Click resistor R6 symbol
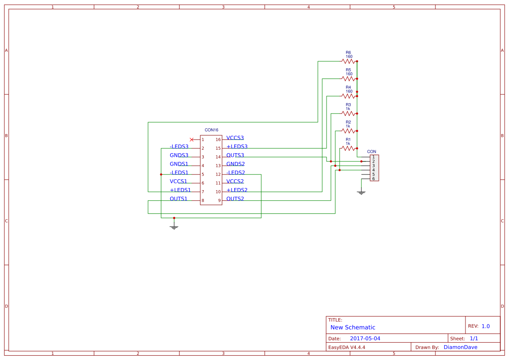pyautogui.click(x=348, y=61)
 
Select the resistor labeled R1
pyautogui.click(x=348, y=148)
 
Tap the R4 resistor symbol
pyautogui.click(x=348, y=96)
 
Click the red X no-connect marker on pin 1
pyautogui.click(x=192, y=139)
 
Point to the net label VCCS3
pyautogui.click(x=235, y=138)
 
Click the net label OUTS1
pyautogui.click(x=179, y=199)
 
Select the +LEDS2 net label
pyautogui.click(x=237, y=190)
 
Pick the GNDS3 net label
pyautogui.click(x=179, y=155)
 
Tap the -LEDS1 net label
pyautogui.click(x=179, y=173)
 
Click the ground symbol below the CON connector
pyautogui.click(x=361, y=192)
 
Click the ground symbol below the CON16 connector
pyautogui.click(x=174, y=227)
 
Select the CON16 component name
pyautogui.click(x=211, y=130)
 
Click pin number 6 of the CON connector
pyautogui.click(x=374, y=178)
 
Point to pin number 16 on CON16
pyautogui.click(x=218, y=140)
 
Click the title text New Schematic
pyautogui.click(x=353, y=327)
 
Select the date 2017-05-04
pyautogui.click(x=365, y=339)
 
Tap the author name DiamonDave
pyautogui.click(x=460, y=347)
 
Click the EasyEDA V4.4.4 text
pyautogui.click(x=347, y=347)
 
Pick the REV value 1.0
pyautogui.click(x=485, y=326)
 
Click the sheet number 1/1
pyautogui.click(x=474, y=339)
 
